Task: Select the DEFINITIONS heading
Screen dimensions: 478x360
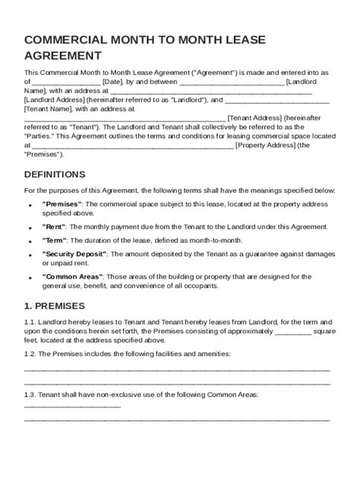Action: [55, 174]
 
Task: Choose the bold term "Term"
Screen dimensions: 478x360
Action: [55, 239]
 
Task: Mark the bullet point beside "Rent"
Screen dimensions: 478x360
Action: [29, 227]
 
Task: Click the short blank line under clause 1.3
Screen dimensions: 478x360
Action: [72, 404]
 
